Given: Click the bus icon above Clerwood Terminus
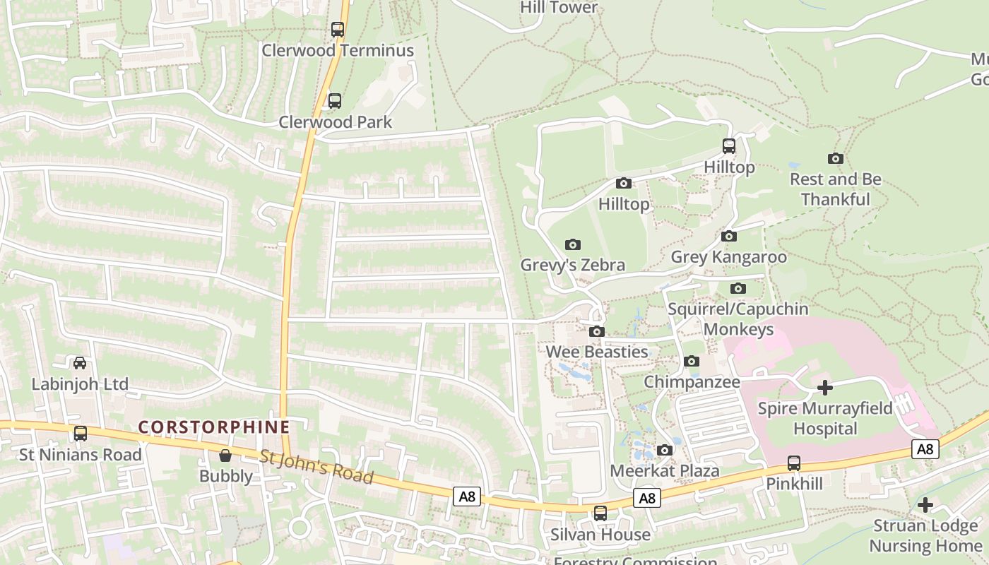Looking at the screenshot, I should click(x=338, y=30).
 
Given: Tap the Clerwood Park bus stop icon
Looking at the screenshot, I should click(x=335, y=101).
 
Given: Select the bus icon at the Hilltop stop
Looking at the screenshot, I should click(x=729, y=146).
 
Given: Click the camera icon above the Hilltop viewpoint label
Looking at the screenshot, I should click(x=624, y=184).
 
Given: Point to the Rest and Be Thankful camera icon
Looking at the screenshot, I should click(x=836, y=159).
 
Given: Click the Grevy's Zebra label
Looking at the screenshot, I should click(x=573, y=265).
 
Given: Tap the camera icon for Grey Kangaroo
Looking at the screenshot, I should click(x=729, y=237).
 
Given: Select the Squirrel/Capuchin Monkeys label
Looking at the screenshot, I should click(x=738, y=319).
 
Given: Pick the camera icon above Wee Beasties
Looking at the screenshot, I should click(x=597, y=332).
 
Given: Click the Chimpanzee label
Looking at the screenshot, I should click(x=692, y=382).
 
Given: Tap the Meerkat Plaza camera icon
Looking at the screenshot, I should click(x=664, y=451).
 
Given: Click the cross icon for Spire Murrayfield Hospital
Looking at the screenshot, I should click(x=824, y=388).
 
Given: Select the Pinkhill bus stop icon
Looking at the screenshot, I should click(x=794, y=463).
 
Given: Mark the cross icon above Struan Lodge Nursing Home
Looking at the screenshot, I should click(x=925, y=505).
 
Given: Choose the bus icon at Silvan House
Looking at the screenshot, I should click(x=600, y=513).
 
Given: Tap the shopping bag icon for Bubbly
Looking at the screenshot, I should click(x=225, y=456).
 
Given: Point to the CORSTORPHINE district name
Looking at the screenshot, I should click(x=214, y=427).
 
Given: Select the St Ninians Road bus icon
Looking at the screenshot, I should click(x=81, y=434).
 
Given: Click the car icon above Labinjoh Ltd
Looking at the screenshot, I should click(x=80, y=363).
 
